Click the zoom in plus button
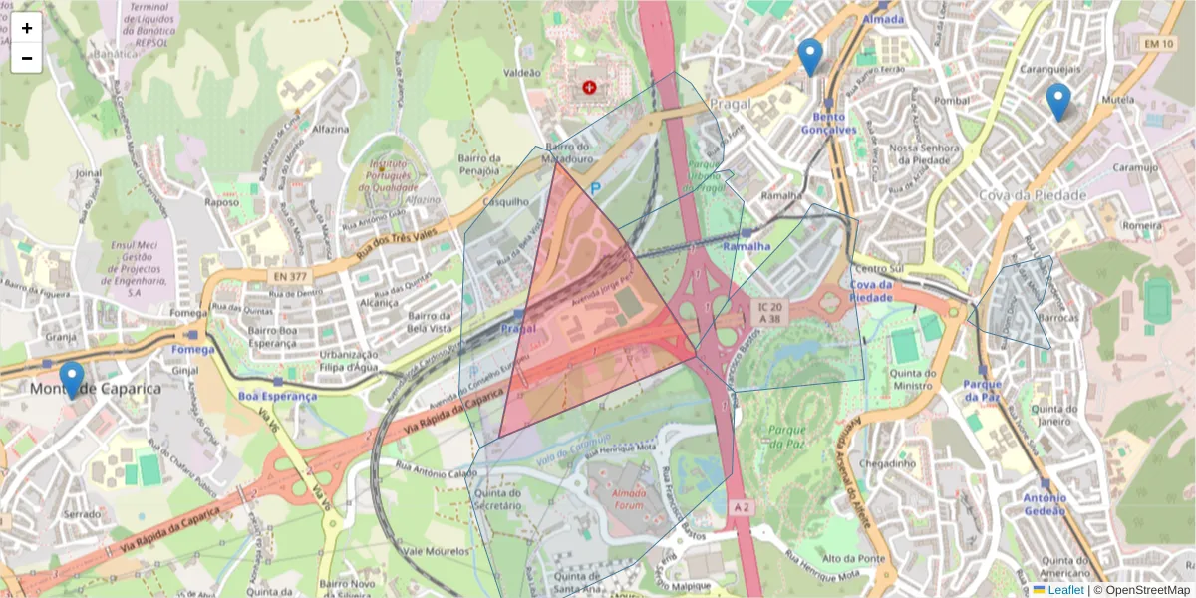pyautogui.click(x=27, y=28)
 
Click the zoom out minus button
pyautogui.click(x=27, y=58)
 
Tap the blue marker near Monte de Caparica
pyautogui.click(x=71, y=379)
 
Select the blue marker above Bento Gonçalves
pyautogui.click(x=811, y=56)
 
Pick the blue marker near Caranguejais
pyautogui.click(x=1057, y=101)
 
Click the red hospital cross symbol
pyautogui.click(x=591, y=88)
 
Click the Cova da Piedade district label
pyautogui.click(x=1032, y=195)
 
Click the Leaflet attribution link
pyautogui.click(x=1064, y=590)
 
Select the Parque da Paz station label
pyautogui.click(x=982, y=391)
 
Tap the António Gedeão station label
pyautogui.click(x=1044, y=504)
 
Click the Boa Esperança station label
pyautogui.click(x=277, y=396)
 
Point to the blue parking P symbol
pyautogui.click(x=596, y=187)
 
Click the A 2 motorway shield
pyautogui.click(x=741, y=507)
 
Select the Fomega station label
pyautogui.click(x=192, y=350)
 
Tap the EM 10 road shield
pyautogui.click(x=1158, y=44)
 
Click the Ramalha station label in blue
pyautogui.click(x=747, y=246)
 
